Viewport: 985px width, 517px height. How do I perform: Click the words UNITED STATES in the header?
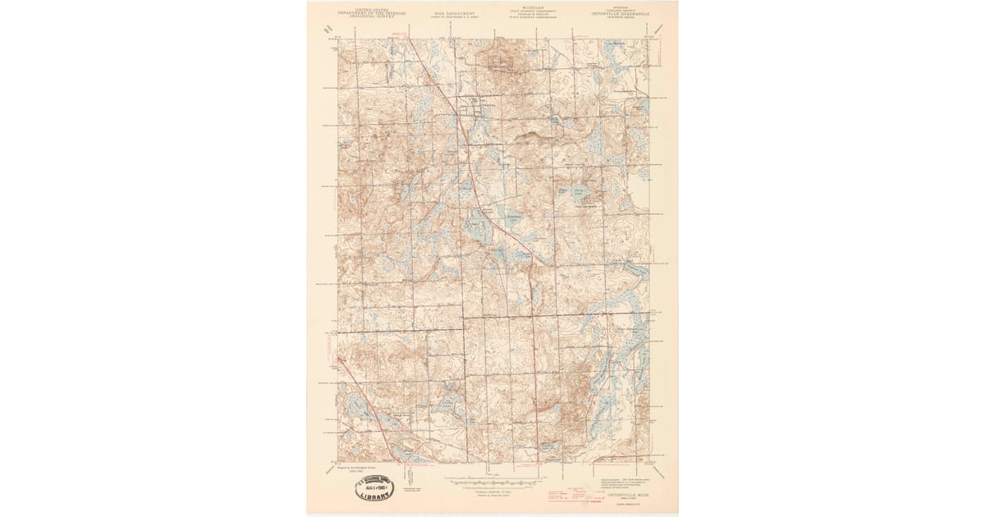[361, 7]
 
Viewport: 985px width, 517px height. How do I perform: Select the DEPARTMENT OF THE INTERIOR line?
[361, 11]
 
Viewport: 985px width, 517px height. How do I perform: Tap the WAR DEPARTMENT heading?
[455, 13]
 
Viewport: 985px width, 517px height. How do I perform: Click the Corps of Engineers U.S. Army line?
[455, 17]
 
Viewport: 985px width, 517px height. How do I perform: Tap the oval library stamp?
[379, 487]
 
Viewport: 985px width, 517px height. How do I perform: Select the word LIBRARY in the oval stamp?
[380, 495]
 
